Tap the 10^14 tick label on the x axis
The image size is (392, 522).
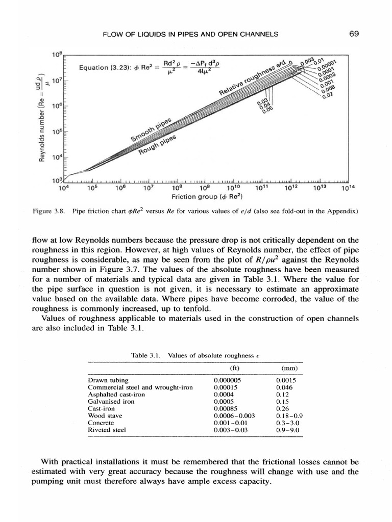pos(348,188)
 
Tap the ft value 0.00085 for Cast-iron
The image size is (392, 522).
pos(227,408)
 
